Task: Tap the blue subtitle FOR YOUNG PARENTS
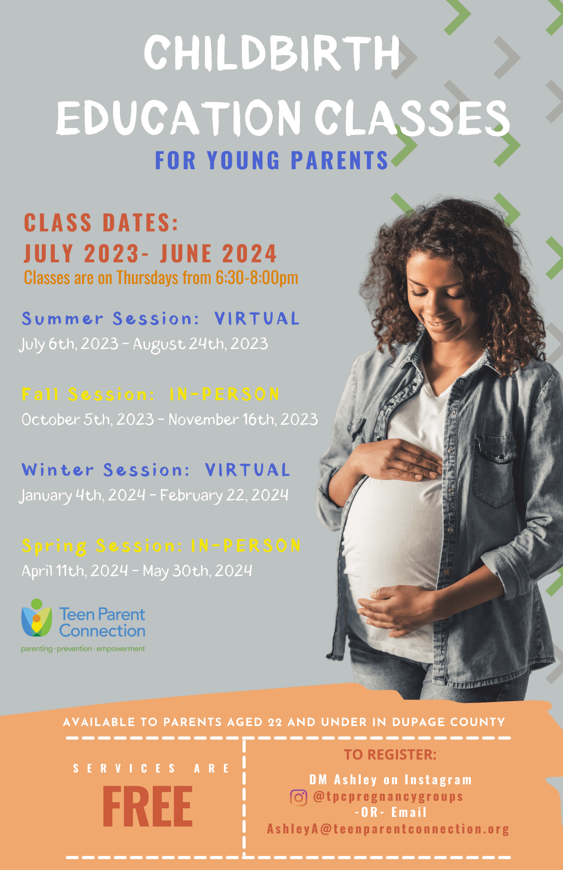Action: tap(271, 160)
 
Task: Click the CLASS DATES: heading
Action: tap(101, 223)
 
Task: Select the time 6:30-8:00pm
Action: tap(257, 278)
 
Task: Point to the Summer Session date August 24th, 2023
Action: tap(200, 344)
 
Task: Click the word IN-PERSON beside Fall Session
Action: tap(225, 394)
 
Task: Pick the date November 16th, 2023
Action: tap(243, 419)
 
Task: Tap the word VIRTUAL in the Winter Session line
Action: tap(247, 470)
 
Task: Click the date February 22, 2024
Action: tap(224, 495)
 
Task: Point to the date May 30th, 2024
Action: tap(197, 571)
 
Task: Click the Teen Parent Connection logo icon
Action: tap(37, 618)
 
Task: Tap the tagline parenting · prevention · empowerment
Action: tap(83, 649)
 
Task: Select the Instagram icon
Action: tap(298, 798)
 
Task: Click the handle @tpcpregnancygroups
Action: tap(388, 796)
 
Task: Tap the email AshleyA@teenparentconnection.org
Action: tap(388, 829)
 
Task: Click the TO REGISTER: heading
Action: tap(390, 755)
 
